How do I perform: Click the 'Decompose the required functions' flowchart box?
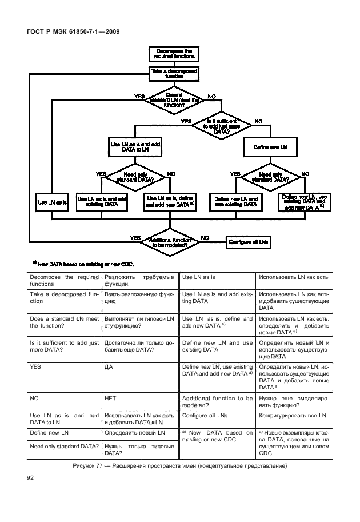tap(174, 54)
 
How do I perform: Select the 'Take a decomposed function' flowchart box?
tap(174, 74)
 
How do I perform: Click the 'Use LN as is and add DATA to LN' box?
tap(134, 148)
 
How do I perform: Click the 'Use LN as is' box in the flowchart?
tap(52, 202)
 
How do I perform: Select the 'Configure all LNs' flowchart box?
tap(249, 242)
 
